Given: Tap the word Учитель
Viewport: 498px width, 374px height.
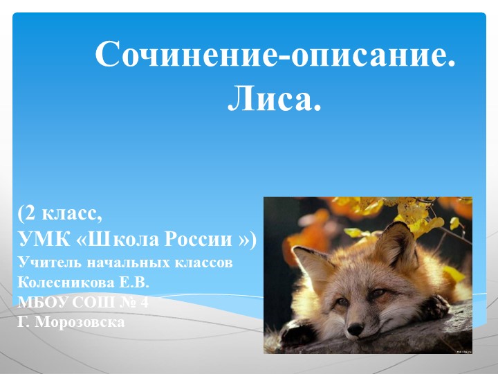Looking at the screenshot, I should click(x=46, y=263).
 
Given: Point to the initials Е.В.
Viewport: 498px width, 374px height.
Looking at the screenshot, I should click(x=134, y=283).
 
